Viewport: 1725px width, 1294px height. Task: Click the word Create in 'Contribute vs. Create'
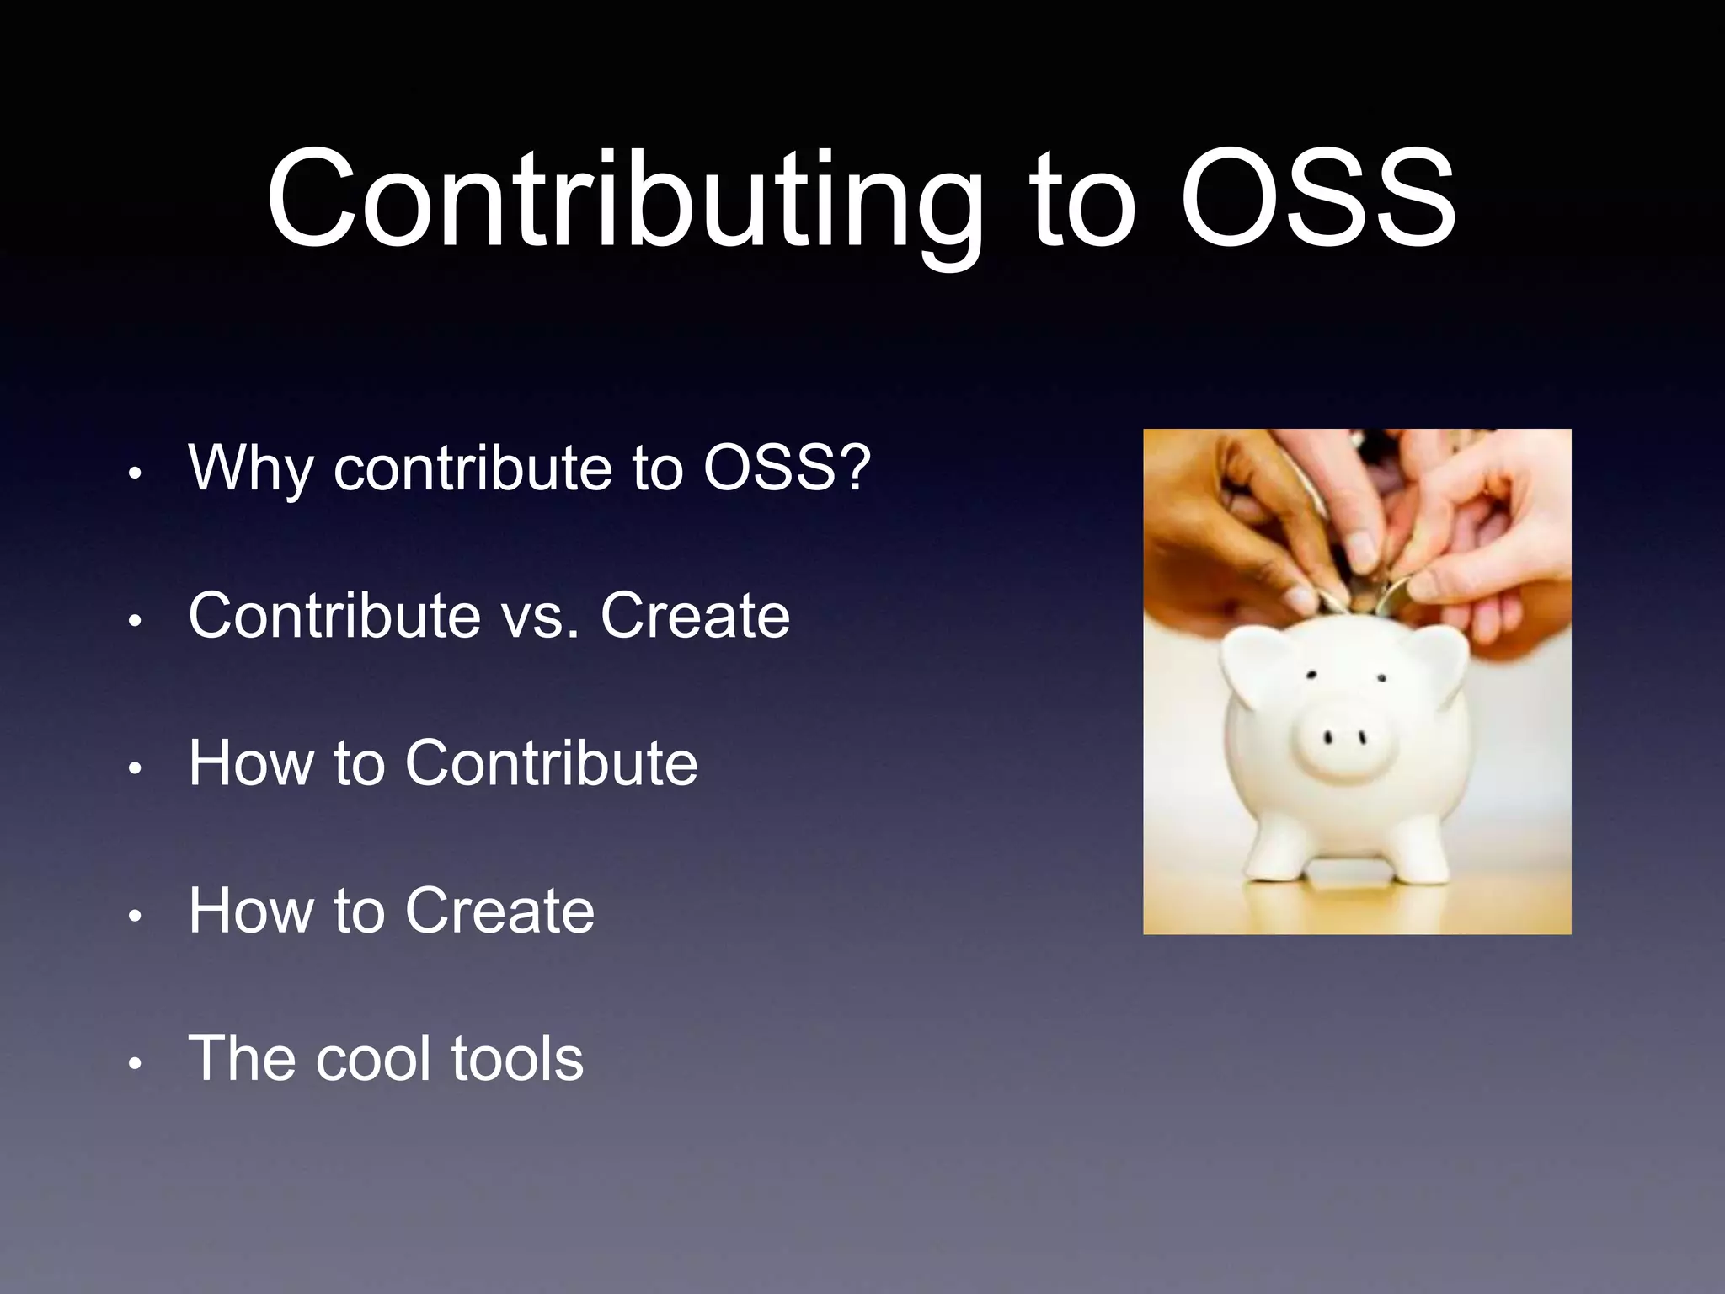(x=695, y=616)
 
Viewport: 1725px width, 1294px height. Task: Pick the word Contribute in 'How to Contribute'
(x=551, y=763)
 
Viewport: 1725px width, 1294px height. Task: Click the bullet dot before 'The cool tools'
(x=134, y=1064)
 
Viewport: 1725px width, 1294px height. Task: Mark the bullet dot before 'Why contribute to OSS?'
(x=134, y=474)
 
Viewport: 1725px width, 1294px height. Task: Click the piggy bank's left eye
(x=1311, y=675)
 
